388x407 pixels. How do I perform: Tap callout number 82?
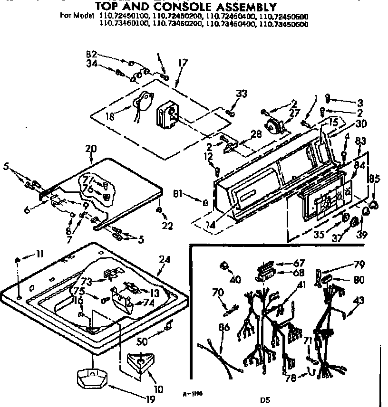(92, 53)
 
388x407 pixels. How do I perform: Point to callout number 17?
(183, 62)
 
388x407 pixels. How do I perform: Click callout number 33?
(242, 94)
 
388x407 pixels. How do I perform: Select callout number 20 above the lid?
(90, 148)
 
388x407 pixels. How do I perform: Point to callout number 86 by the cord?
(224, 327)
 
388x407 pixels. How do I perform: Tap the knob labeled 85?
(374, 205)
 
